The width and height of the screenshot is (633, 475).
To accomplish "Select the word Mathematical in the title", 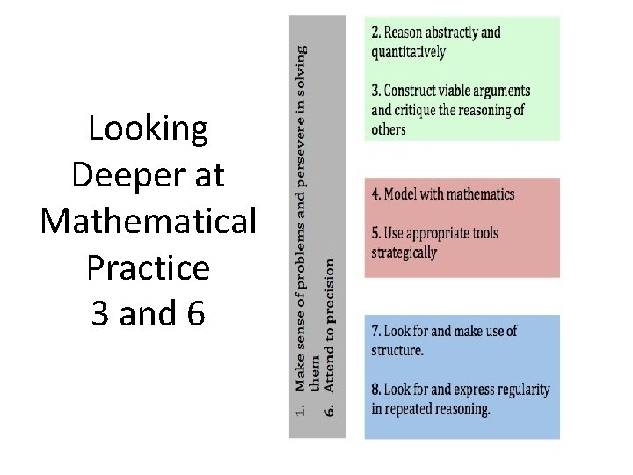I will point(148,222).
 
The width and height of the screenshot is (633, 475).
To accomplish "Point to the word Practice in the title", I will point(148,267).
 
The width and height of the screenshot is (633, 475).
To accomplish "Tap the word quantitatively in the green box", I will point(408,51).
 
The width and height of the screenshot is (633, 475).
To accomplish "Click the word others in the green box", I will point(388,129).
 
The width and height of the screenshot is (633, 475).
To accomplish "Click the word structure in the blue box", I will point(397,350).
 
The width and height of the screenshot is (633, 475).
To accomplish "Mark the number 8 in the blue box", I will point(375,390).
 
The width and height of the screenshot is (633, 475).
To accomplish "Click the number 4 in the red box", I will point(375,194).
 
